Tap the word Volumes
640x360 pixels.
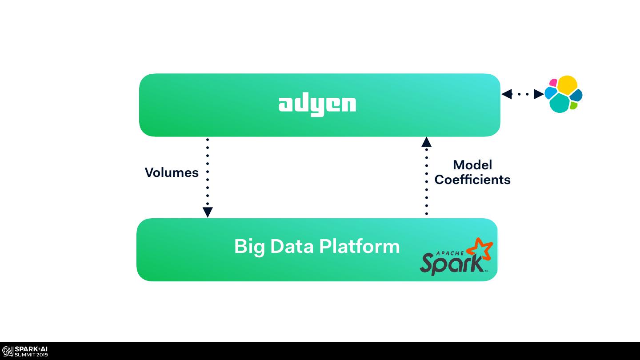click(172, 172)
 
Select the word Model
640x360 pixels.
click(472, 165)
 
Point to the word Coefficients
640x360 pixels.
click(472, 180)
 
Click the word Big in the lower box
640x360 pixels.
click(249, 247)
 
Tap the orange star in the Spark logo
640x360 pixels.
click(483, 249)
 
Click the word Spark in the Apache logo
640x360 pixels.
click(451, 263)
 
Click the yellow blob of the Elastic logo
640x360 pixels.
click(568, 84)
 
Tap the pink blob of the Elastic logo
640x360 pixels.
click(553, 83)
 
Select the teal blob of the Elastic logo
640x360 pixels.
click(560, 104)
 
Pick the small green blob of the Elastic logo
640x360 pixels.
click(574, 106)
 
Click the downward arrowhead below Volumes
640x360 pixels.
click(208, 212)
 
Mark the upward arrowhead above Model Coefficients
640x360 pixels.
click(426, 142)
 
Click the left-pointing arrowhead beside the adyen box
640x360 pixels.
click(507, 94)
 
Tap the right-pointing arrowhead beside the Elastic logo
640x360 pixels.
click(538, 94)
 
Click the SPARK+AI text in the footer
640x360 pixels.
click(31, 349)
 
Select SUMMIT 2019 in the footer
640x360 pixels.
click(31, 355)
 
